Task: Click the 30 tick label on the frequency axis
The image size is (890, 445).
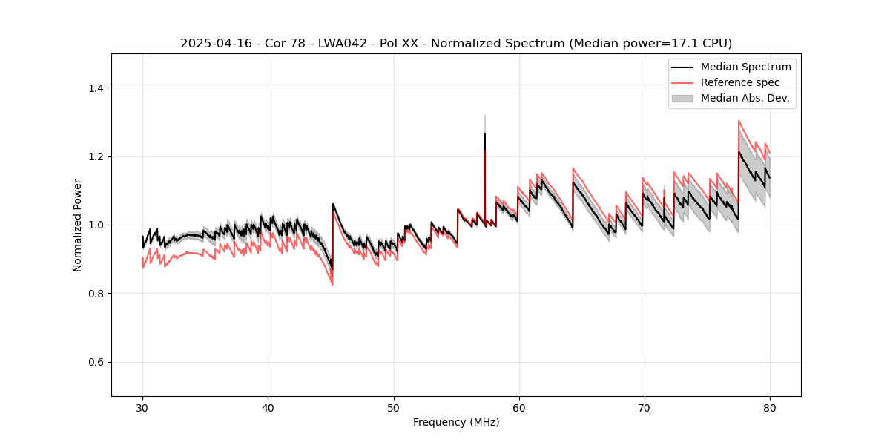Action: (142, 407)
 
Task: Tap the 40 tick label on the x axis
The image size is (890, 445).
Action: (268, 407)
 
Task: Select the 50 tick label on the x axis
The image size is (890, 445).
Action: (393, 407)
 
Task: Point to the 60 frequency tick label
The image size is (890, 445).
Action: (518, 407)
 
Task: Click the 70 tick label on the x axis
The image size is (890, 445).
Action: (644, 407)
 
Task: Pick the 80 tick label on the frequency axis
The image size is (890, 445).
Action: (769, 407)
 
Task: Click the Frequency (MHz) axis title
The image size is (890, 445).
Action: (456, 422)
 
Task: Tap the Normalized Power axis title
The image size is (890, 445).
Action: (78, 225)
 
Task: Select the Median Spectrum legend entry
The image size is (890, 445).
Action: (745, 67)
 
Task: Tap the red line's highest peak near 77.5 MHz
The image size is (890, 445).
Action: (739, 121)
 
